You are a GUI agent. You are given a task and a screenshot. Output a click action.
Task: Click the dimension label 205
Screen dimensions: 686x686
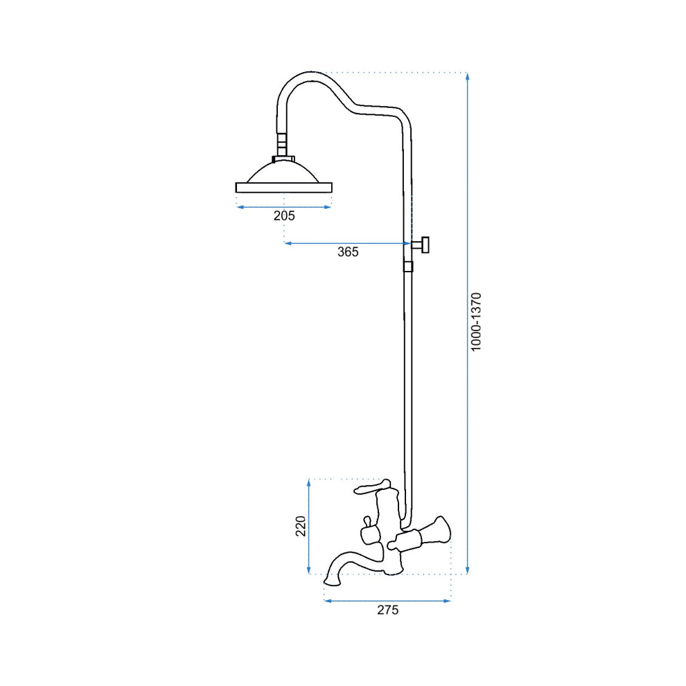tap(284, 216)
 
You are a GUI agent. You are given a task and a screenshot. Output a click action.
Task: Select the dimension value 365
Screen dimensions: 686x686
tap(348, 252)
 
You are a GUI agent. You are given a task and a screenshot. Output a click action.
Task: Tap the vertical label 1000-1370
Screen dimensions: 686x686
tap(476, 322)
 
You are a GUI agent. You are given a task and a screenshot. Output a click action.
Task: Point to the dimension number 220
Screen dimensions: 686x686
tap(301, 527)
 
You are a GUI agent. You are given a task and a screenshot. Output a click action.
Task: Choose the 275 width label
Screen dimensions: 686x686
tap(388, 610)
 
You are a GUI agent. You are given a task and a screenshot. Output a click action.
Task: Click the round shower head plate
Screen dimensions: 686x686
tap(284, 188)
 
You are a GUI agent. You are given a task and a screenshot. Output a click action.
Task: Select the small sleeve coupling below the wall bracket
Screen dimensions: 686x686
tap(408, 267)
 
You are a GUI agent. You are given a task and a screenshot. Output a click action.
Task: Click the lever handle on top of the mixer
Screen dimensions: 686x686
tap(372, 486)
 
